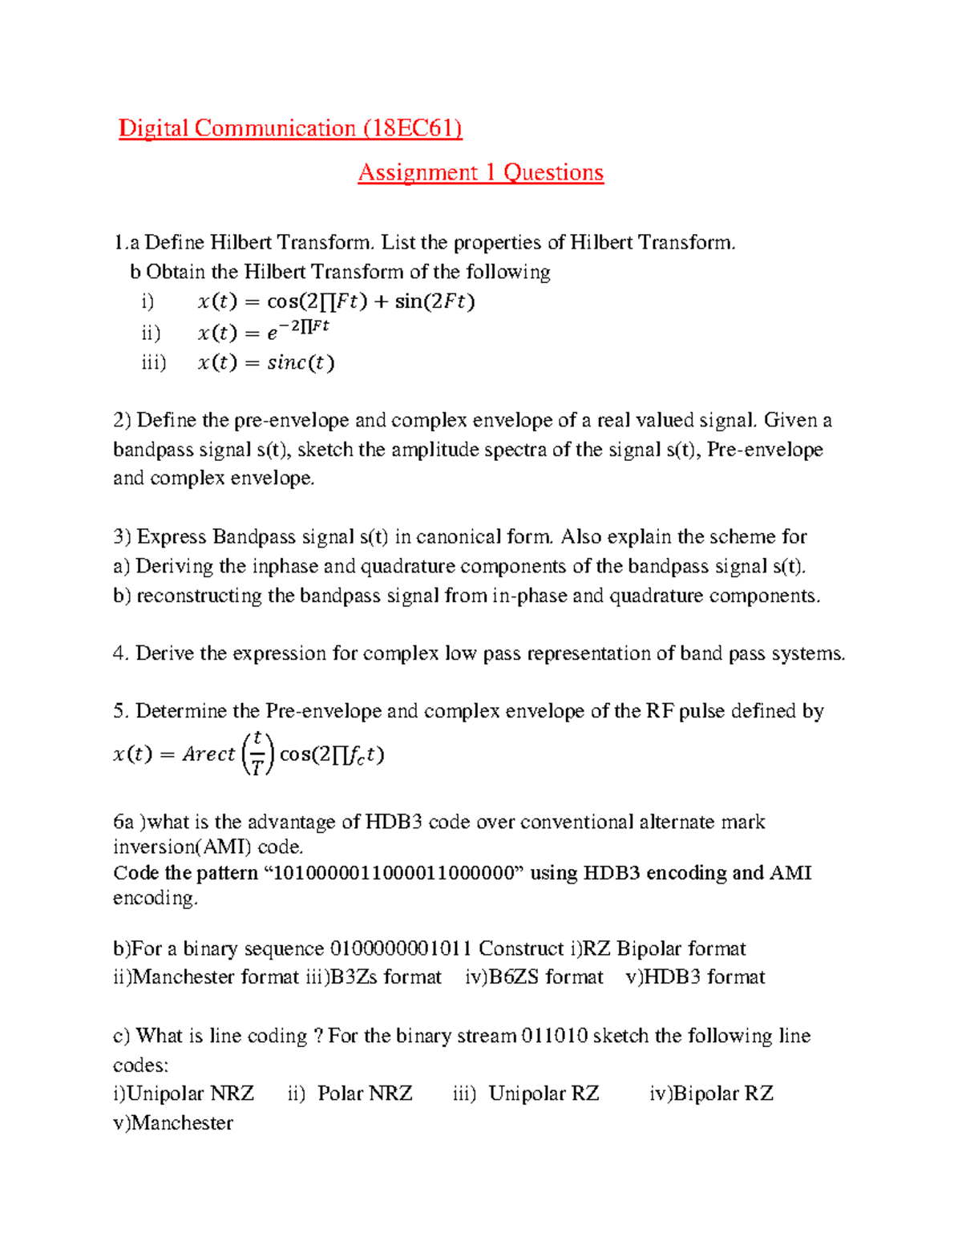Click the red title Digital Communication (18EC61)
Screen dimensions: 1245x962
coord(290,128)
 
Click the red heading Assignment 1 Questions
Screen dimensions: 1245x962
coord(480,172)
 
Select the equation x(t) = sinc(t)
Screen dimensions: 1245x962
coord(265,363)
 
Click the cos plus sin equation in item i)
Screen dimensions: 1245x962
coord(336,302)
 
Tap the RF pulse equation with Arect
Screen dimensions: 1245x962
coord(249,754)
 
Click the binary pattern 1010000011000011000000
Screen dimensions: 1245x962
coord(394,873)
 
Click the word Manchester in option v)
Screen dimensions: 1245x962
coord(182,1123)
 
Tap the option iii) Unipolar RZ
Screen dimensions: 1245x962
coord(526,1093)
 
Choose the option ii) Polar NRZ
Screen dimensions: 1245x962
coord(350,1093)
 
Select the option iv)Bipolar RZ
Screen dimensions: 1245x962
coord(711,1093)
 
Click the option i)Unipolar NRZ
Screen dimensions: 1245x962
coord(184,1093)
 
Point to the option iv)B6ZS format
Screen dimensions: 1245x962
coord(534,977)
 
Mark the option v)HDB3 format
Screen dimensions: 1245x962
coord(695,977)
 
